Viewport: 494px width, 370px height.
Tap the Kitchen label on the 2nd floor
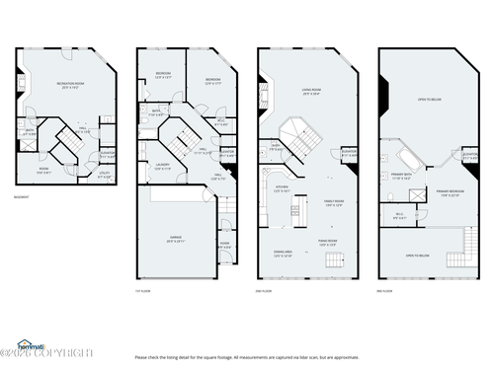[281, 190]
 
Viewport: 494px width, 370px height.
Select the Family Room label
[334, 202]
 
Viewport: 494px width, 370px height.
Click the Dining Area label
[283, 253]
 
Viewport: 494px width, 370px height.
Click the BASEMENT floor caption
[21, 197]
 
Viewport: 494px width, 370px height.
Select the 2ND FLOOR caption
[263, 290]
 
